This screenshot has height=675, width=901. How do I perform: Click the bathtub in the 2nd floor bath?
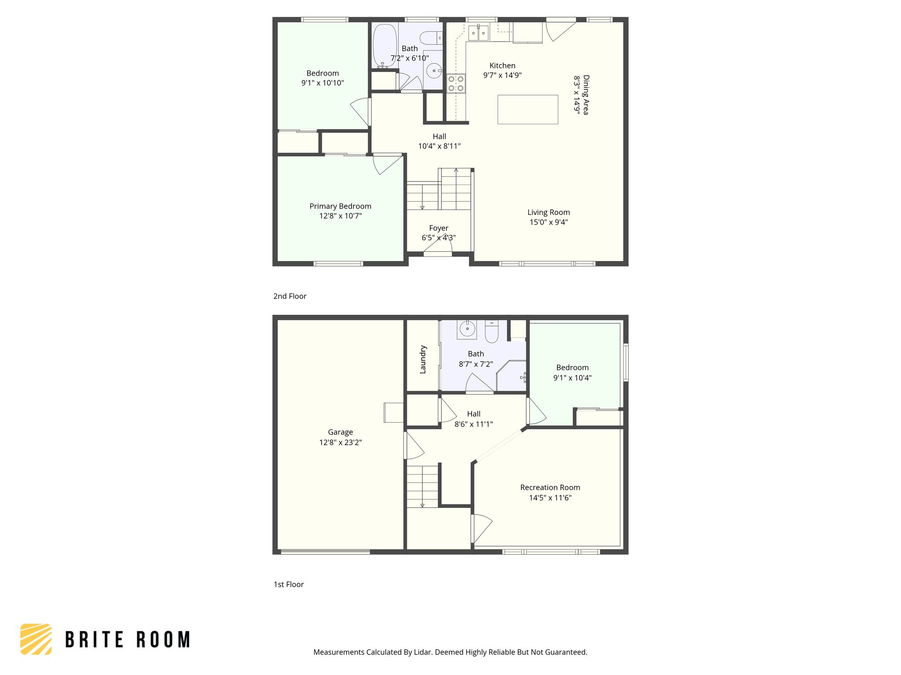coord(385,45)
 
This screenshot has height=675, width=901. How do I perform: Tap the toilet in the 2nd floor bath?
coord(431,38)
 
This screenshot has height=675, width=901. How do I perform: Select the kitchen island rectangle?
coord(527,109)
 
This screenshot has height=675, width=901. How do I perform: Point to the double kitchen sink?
coord(478,33)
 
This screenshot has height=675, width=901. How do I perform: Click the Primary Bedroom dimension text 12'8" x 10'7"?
coord(340,216)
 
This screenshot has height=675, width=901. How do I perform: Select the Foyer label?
coord(438,228)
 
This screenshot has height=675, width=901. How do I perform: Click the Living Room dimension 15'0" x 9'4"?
coord(548,222)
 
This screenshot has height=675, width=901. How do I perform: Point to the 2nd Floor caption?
coord(289,296)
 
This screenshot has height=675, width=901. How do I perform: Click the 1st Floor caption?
coord(289,584)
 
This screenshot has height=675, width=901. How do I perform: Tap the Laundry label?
coord(423,359)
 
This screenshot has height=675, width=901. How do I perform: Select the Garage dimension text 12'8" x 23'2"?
coord(340,443)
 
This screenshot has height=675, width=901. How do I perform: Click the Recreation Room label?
coord(550,487)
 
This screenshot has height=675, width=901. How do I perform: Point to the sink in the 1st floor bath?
coord(467,329)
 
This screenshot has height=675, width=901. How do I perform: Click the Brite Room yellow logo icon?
coord(36,639)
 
